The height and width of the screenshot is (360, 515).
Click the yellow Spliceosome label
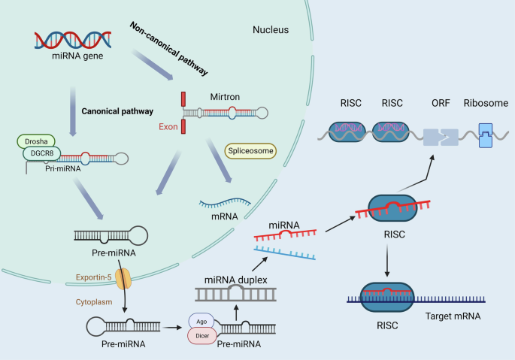pyautogui.click(x=250, y=151)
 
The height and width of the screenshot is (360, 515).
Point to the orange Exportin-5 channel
pyautogui.click(x=122, y=279)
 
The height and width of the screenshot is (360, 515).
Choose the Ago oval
pyautogui.click(x=201, y=320)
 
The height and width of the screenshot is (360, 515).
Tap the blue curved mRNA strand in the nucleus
pyautogui.click(x=225, y=201)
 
